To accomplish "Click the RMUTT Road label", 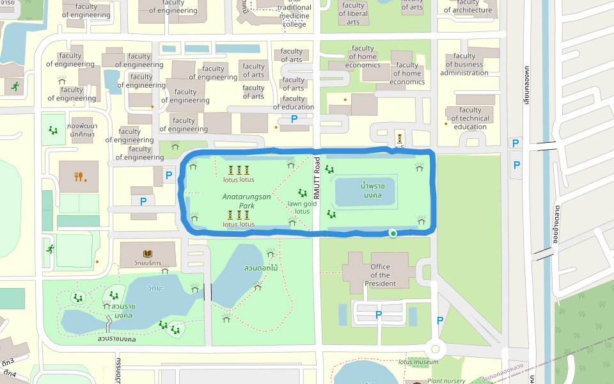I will pyautogui.click(x=317, y=179).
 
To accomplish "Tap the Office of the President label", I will pyautogui.click(x=380, y=275).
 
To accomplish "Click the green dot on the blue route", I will pyautogui.click(x=393, y=234).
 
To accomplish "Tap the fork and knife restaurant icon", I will pyautogui.click(x=79, y=176).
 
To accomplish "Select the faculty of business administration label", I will pyautogui.click(x=464, y=64).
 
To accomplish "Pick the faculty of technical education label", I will pyautogui.click(x=470, y=118).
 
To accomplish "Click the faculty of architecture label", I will pyautogui.click(x=468, y=6).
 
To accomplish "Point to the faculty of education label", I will pyautogui.click(x=294, y=103).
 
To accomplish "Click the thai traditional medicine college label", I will pyautogui.click(x=294, y=16).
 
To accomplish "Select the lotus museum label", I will pyautogui.click(x=418, y=362).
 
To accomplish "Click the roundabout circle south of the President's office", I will pyautogui.click(x=436, y=349).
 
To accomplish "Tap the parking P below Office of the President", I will pyautogui.click(x=378, y=314).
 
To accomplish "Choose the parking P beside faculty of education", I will pyautogui.click(x=294, y=119).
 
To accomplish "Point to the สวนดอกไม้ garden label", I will pyautogui.click(x=261, y=268).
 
